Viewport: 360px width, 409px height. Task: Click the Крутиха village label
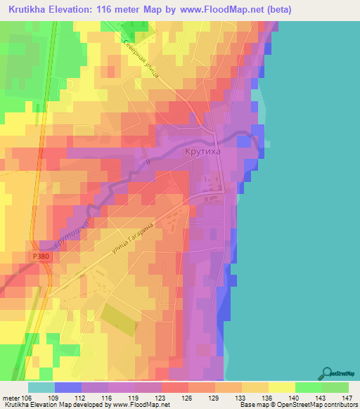[201, 150]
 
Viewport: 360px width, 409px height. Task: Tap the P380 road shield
[41, 258]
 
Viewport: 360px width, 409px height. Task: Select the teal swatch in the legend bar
[41, 387]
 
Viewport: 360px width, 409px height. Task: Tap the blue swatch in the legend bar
[67, 387]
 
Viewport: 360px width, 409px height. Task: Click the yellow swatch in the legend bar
[281, 387]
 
